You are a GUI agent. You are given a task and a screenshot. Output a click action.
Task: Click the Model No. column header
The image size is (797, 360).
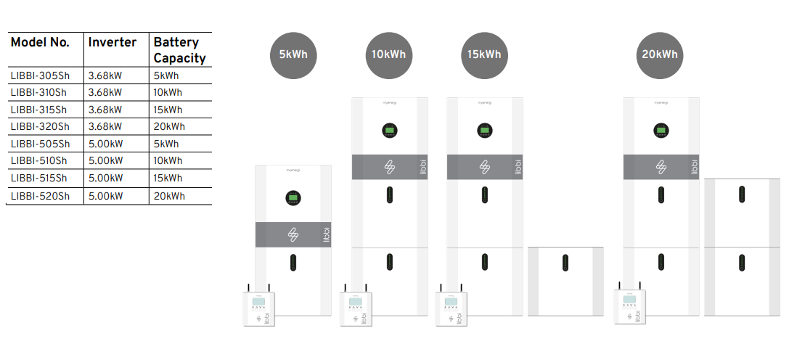[x=41, y=42]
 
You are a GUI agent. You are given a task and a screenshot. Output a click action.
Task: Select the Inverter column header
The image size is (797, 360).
[x=113, y=42]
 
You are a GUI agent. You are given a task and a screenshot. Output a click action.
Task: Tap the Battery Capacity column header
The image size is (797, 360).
[x=179, y=50]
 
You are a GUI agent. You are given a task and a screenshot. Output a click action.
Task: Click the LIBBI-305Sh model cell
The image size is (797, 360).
[x=41, y=75]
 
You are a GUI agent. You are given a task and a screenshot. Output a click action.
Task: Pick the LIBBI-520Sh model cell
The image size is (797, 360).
[x=41, y=196]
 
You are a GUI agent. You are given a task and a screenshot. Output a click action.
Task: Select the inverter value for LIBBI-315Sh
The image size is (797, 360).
[x=105, y=110]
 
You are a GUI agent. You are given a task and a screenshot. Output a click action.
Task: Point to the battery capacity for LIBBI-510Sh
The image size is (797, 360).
[x=168, y=160]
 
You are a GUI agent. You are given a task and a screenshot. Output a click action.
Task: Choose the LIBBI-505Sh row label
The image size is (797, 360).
[x=41, y=144]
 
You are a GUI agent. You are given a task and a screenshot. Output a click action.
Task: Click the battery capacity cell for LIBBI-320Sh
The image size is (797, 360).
[x=169, y=126]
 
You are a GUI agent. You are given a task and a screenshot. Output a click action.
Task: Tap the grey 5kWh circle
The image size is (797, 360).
[x=293, y=55]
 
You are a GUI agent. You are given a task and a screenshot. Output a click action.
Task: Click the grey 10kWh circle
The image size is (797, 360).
[x=389, y=55]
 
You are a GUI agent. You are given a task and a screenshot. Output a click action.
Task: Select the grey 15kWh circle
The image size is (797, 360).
[x=484, y=55]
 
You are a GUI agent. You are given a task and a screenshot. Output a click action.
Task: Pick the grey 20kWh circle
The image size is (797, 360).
[x=660, y=55]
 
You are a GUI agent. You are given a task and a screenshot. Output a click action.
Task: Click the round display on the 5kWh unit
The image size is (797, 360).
[x=293, y=197]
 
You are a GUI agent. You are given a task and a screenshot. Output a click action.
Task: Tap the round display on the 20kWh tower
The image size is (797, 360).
[x=661, y=131]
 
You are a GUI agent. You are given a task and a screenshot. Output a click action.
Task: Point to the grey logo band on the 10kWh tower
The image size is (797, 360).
[x=390, y=167]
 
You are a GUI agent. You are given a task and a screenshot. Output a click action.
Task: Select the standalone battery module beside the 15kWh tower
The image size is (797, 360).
[x=565, y=281]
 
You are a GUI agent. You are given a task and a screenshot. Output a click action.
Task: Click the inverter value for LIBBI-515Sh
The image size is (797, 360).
[x=105, y=178]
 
